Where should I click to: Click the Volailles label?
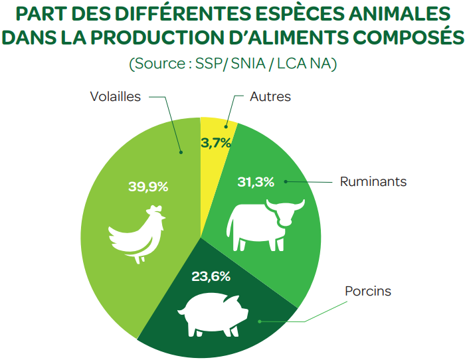[116, 96]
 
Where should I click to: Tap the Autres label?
[270, 96]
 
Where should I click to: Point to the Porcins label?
[368, 292]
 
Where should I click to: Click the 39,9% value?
[148, 187]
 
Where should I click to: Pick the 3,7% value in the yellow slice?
[216, 142]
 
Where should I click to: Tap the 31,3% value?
[256, 182]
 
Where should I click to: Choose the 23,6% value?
[211, 276]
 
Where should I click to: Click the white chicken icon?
[137, 234]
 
